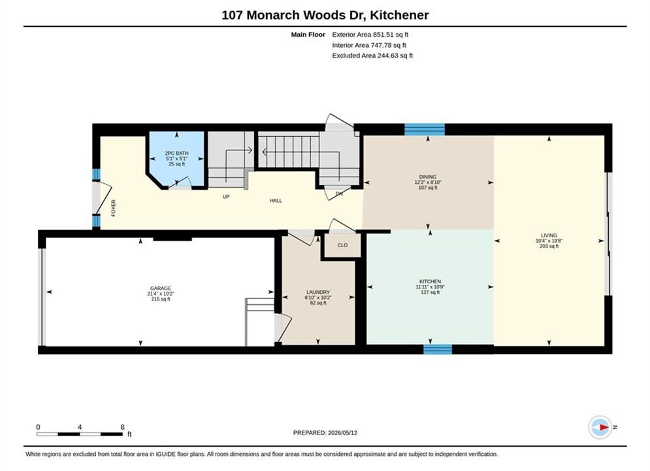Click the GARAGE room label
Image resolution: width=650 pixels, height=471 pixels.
161,288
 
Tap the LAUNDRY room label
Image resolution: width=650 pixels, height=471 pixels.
318,292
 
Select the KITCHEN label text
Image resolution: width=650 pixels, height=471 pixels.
430,281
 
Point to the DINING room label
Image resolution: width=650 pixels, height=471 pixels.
428,177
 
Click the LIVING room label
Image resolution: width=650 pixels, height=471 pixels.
549,235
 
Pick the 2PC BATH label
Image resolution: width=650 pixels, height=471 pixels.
176,153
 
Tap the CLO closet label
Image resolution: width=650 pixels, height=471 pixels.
342,245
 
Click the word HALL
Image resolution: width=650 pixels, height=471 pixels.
276,200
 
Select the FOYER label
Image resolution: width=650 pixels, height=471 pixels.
114,208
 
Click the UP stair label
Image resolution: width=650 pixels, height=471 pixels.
226,197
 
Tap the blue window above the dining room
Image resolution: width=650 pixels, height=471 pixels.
425,130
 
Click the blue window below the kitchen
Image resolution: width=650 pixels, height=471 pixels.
438,349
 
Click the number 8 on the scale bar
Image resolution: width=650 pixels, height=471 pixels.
122,427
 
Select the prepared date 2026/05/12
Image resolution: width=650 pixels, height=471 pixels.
342,433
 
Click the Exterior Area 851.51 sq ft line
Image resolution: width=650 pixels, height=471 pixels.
370,35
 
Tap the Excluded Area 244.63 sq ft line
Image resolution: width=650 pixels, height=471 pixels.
372,55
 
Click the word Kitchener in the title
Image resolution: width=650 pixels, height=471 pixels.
399,15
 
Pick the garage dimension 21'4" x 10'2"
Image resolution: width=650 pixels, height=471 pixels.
161,294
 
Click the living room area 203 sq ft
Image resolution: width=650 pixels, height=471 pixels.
549,246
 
